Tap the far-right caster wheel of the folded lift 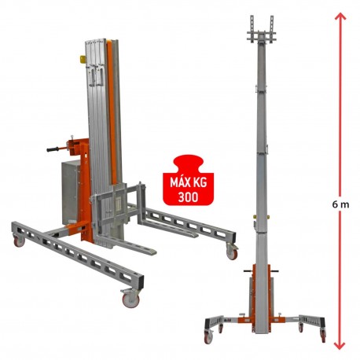pyautogui.click(x=232, y=252)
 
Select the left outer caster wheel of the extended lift pyautogui.click(x=208, y=336)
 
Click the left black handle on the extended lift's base pyautogui.click(x=247, y=274)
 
